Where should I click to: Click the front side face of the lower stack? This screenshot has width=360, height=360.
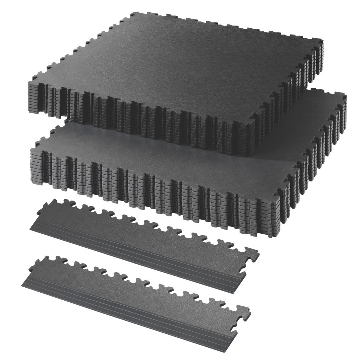click(x=155, y=191)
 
